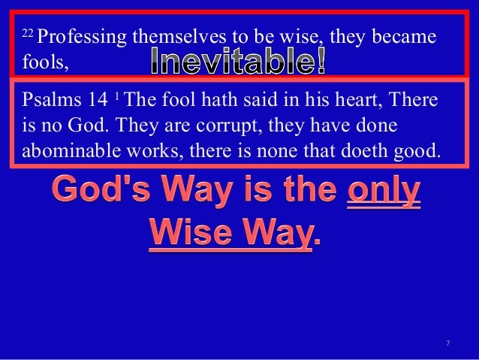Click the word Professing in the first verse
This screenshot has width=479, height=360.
point(80,37)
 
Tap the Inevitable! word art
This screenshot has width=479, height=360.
point(238,62)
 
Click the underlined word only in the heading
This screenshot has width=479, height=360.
point(383,190)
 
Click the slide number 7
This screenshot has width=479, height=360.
point(447,343)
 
